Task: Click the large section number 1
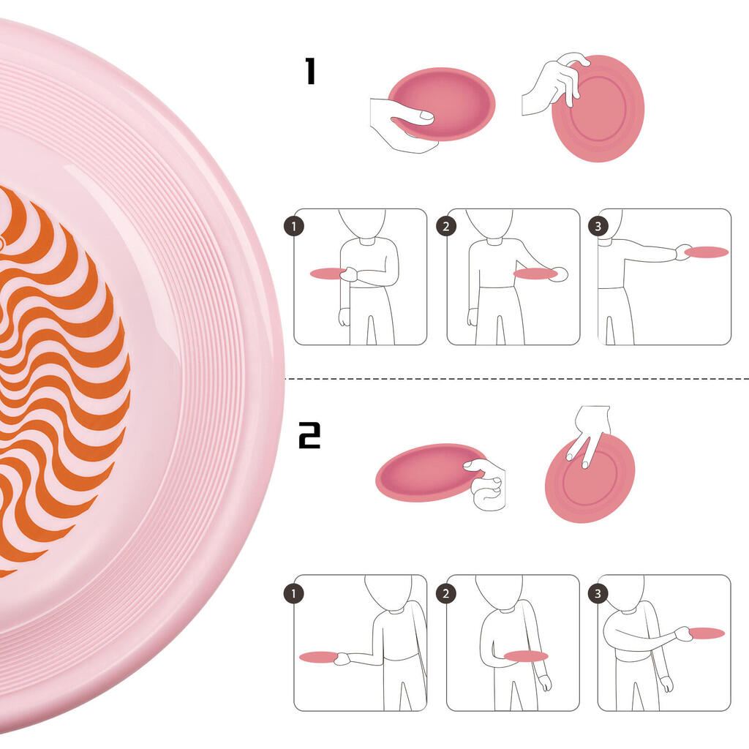pyautogui.click(x=310, y=71)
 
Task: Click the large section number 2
pyautogui.click(x=309, y=435)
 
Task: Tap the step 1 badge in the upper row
pyautogui.click(x=294, y=227)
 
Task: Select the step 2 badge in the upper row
pyautogui.click(x=446, y=227)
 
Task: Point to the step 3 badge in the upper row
pyautogui.click(x=598, y=227)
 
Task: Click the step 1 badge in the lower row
pyautogui.click(x=294, y=594)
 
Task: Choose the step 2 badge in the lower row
pyautogui.click(x=446, y=594)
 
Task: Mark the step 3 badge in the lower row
pyautogui.click(x=598, y=594)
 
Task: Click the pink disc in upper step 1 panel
pyautogui.click(x=327, y=274)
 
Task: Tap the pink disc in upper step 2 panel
pyautogui.click(x=535, y=274)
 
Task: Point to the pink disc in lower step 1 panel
pyautogui.click(x=319, y=658)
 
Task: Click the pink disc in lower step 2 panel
pyautogui.click(x=526, y=656)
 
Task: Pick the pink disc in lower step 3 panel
pyautogui.click(x=707, y=633)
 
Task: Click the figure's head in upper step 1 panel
pyautogui.click(x=361, y=223)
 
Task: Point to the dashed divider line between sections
pyautogui.click(x=517, y=379)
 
